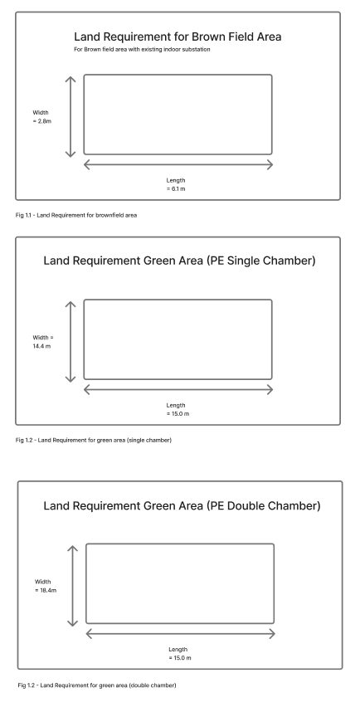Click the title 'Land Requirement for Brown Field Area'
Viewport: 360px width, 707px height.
(x=178, y=37)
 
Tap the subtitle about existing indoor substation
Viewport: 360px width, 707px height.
(x=142, y=51)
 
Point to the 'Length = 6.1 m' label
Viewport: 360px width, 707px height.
(x=176, y=184)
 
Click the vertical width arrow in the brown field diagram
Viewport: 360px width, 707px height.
(x=71, y=115)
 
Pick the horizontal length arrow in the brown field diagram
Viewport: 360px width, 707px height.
(x=178, y=165)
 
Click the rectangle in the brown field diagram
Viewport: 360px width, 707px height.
(x=178, y=115)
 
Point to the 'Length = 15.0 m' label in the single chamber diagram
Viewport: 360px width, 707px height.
(x=176, y=409)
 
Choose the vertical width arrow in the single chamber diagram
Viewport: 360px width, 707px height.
(x=71, y=340)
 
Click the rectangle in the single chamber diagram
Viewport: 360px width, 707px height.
(x=178, y=339)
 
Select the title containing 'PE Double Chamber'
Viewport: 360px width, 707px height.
(x=181, y=506)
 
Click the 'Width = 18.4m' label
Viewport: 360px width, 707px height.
(x=46, y=586)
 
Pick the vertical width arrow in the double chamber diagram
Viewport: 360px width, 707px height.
(x=73, y=585)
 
